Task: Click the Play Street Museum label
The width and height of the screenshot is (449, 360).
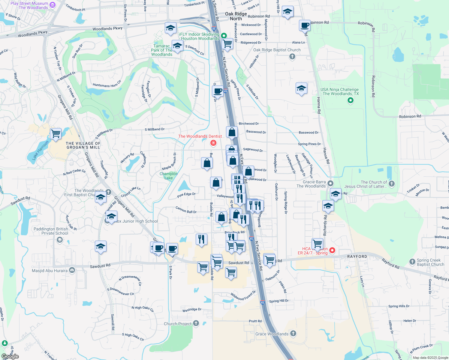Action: pos(29,5)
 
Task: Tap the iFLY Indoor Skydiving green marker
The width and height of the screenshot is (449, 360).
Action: pos(224,36)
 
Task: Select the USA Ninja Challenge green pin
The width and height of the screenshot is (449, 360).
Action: pos(350,100)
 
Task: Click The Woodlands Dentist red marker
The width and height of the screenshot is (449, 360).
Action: pos(213,143)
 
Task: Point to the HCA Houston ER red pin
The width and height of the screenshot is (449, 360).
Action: pos(332,250)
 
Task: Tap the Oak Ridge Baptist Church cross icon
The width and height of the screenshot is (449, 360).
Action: pos(292,57)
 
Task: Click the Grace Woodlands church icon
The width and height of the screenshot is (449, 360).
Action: pos(293,333)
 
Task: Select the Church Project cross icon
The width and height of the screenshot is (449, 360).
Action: pos(196,323)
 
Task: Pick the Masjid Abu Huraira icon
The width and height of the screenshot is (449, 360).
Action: pos(72,270)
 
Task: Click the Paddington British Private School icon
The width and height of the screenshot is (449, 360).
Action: pos(60,239)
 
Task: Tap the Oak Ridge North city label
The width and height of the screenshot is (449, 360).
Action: pos(236,16)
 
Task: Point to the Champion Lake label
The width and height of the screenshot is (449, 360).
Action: pos(168,176)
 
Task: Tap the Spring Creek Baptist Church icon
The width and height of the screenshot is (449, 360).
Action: pos(412,262)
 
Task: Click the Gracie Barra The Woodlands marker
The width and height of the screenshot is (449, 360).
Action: pos(330,183)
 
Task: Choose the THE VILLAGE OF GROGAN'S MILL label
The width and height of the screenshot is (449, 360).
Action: pos(83,145)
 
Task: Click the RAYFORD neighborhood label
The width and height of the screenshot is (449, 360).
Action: pos(357,256)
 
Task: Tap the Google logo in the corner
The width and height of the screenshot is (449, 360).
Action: pos(10,356)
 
